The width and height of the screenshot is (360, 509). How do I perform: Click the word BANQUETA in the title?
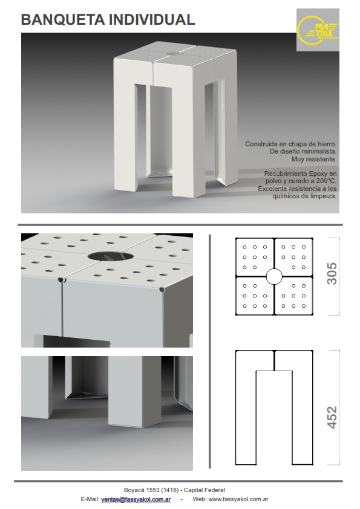63,20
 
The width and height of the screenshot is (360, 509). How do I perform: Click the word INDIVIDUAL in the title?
152,20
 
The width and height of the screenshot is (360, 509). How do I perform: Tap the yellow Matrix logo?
318,30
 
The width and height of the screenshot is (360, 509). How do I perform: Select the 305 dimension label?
332,274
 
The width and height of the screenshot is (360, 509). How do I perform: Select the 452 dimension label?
332,418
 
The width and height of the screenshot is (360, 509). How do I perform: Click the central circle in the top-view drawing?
274,277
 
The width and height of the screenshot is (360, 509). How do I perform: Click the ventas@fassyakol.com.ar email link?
136,499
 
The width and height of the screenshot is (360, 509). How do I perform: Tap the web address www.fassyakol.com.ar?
238,499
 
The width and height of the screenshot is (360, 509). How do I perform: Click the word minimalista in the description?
319,152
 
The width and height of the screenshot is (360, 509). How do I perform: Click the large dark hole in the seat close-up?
111,256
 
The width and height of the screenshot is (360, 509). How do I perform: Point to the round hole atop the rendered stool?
174,54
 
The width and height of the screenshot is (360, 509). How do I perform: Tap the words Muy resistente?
314,159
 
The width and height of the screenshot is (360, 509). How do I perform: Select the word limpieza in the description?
324,196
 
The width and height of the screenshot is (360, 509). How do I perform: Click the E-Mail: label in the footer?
90,499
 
